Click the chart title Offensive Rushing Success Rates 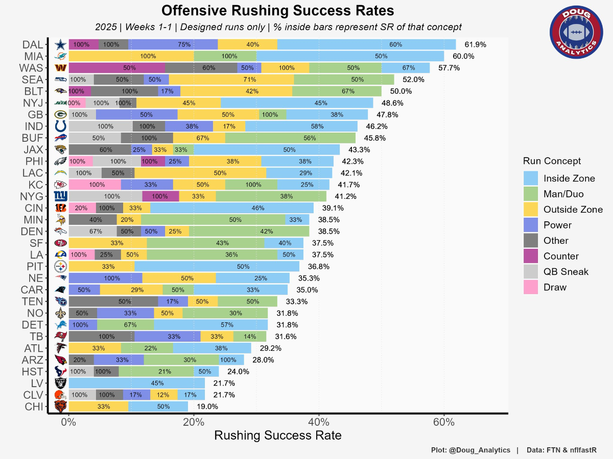tap(278, 11)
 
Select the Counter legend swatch tap(531, 256)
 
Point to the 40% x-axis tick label tap(319, 422)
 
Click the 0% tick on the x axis tap(68, 422)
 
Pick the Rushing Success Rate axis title tap(277, 436)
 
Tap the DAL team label tap(32, 44)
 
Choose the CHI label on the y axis tap(33, 406)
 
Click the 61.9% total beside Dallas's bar tap(473, 45)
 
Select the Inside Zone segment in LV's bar tap(136, 383)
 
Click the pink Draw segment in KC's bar tap(95, 185)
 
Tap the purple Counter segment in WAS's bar tap(116, 68)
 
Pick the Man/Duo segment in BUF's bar tap(290, 138)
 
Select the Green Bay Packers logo tap(60, 115)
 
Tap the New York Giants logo tap(60, 196)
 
